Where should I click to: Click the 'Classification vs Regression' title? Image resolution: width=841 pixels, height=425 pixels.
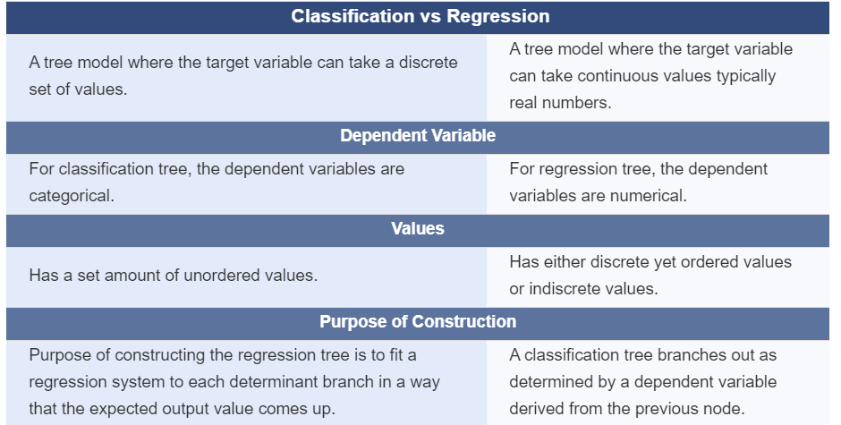tap(420, 16)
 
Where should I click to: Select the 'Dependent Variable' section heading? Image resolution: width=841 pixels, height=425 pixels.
tap(418, 136)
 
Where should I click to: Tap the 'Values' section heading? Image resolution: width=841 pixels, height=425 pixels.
tap(418, 228)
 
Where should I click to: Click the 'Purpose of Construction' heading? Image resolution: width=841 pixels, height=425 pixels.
tap(418, 321)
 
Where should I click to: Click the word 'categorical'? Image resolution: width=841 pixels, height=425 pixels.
tap(72, 196)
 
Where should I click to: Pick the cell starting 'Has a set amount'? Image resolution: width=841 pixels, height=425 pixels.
tap(174, 276)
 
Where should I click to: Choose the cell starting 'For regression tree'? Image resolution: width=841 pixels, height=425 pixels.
tap(639, 183)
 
